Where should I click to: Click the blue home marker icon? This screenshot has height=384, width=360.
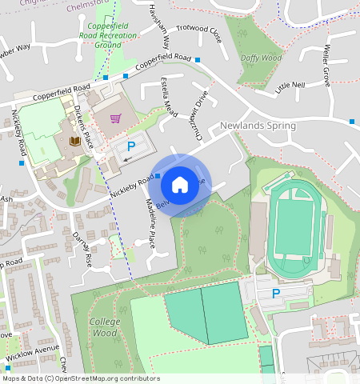pyautogui.click(x=180, y=185)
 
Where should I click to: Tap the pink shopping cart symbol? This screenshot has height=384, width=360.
pyautogui.click(x=116, y=119)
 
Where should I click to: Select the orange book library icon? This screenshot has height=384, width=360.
pyautogui.click(x=74, y=142)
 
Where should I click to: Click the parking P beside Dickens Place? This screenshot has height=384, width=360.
pyautogui.click(x=132, y=147)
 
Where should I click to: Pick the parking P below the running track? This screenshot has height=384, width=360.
pyautogui.click(x=276, y=294)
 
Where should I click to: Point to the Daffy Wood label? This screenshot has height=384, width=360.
pyautogui.click(x=261, y=58)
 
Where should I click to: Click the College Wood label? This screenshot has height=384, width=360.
pyautogui.click(x=105, y=326)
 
